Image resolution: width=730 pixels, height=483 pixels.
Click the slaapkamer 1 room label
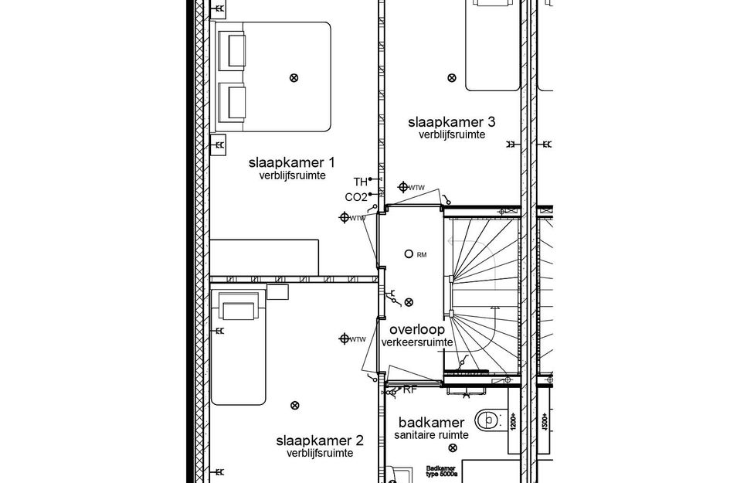[291, 163]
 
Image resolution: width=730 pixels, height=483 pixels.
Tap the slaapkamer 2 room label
[319, 440]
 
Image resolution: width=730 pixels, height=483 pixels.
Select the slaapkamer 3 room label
[451, 121]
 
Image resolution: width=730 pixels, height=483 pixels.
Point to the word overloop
[417, 329]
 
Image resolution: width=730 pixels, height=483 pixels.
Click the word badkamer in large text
[431, 423]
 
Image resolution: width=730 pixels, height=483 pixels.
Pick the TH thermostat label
[360, 182]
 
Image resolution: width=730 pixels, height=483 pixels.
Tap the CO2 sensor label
[355, 197]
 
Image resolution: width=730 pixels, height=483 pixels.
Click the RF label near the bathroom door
[409, 389]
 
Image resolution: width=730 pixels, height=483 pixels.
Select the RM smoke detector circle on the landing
[408, 253]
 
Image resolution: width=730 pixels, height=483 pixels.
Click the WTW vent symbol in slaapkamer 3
[403, 187]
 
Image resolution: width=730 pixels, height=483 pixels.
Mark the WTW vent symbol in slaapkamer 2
[345, 338]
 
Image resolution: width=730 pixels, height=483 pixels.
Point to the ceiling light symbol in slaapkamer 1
[294, 77]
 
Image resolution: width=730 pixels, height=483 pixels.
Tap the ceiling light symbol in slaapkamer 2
[294, 405]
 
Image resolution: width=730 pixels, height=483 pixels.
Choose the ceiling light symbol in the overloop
[409, 302]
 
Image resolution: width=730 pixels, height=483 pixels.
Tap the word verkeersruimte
[417, 342]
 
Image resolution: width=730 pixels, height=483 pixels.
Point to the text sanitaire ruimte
[431, 436]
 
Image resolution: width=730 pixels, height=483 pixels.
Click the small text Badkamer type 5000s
[443, 471]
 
